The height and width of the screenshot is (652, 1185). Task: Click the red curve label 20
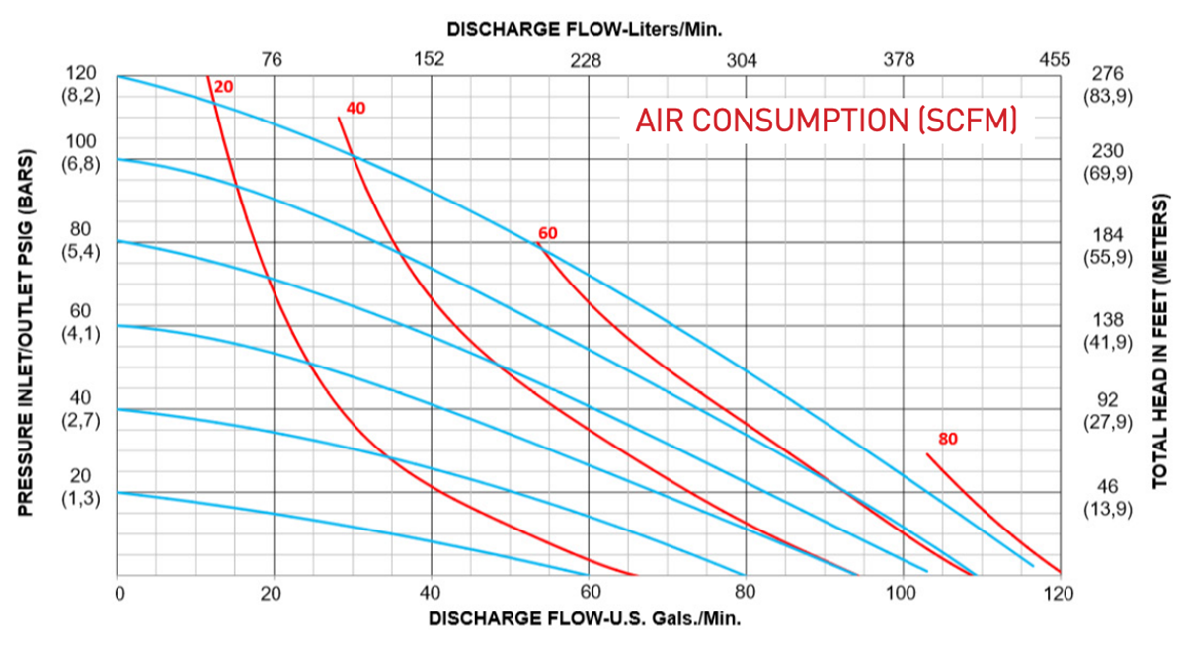pos(224,87)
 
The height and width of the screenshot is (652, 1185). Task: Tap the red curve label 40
pos(356,108)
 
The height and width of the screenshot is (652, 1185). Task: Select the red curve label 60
pos(548,233)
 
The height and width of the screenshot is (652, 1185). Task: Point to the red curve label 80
pos(948,438)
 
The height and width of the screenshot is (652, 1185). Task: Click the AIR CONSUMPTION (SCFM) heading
pos(826,121)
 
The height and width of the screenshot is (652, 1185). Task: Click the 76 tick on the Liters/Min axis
pos(273,59)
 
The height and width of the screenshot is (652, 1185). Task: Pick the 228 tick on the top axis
pos(587,59)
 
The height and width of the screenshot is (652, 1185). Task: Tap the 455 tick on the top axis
pos(1055,59)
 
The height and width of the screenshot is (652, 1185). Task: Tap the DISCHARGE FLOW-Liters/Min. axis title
pos(585,29)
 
